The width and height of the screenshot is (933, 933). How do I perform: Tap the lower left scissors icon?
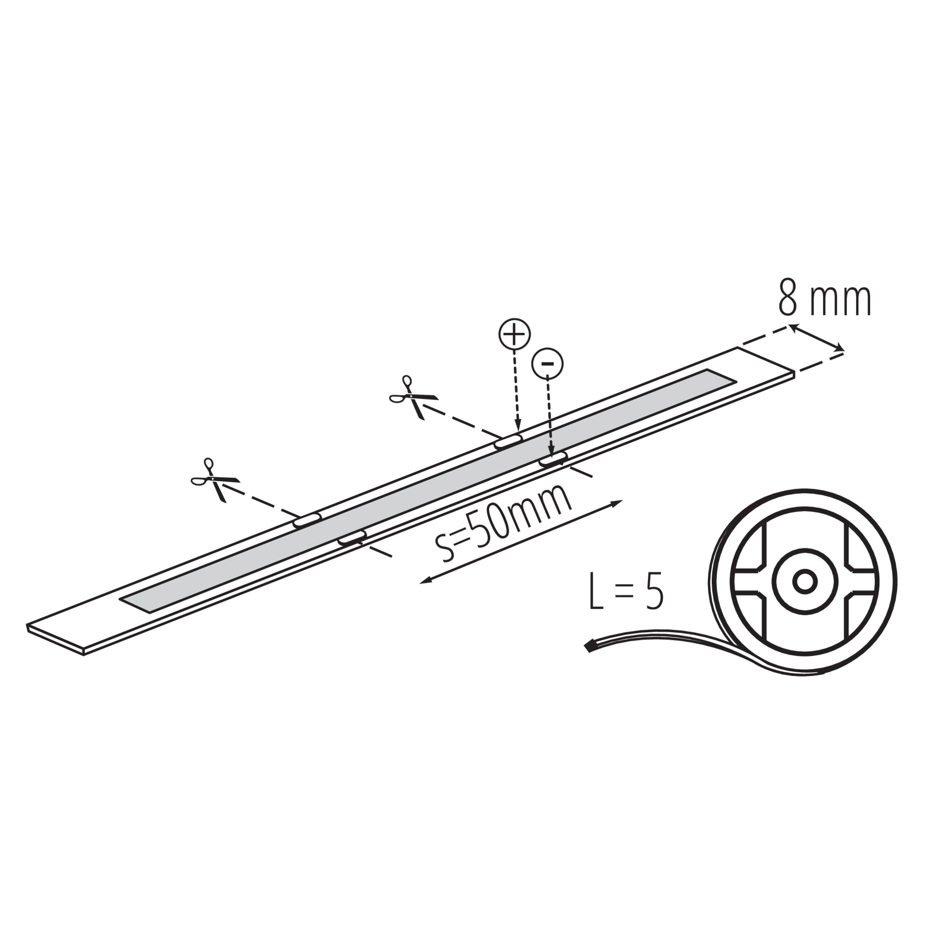pos(215,480)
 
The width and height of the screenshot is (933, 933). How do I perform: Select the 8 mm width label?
pos(825,300)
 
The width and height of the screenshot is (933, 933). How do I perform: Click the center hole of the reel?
pos(805,582)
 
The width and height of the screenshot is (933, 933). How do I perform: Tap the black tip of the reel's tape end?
pos(590,645)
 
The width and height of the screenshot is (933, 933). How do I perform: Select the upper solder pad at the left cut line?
pos(307,520)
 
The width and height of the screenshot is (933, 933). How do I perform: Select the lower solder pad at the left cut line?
pos(352,537)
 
